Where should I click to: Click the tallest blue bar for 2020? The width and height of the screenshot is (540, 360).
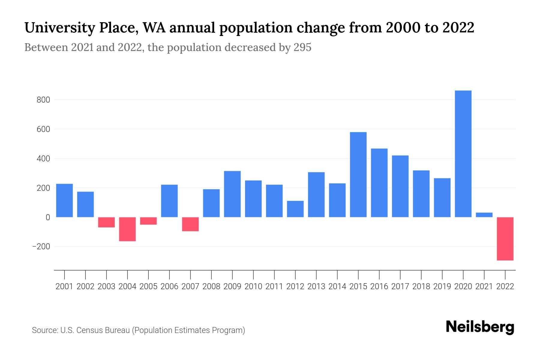463,154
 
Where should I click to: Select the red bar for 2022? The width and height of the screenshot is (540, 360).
505,238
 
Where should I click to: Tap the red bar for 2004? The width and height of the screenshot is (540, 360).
127,229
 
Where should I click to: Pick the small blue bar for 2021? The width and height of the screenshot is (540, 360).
484,215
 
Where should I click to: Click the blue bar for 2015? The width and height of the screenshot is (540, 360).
358,174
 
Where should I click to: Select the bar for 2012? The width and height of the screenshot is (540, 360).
295,209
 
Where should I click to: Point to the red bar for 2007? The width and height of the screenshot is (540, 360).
190,224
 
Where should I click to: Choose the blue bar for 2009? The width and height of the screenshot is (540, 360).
232,194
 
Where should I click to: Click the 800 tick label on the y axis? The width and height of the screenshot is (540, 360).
43,100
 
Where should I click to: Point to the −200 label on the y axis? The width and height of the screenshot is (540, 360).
41,247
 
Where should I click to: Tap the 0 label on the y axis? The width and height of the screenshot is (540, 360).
48,217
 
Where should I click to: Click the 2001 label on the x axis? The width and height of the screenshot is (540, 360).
64,286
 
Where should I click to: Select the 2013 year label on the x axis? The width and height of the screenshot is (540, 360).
316,286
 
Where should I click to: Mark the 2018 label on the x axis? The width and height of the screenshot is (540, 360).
421,286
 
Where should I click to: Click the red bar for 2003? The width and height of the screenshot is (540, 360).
106,222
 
